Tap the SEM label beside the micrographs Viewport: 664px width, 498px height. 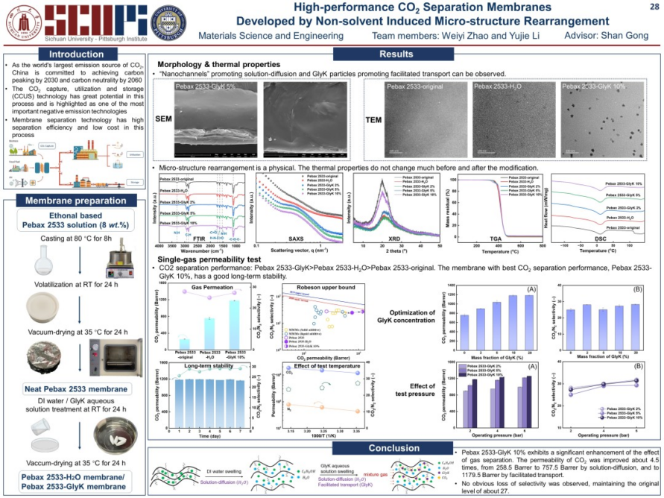(162, 119)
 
